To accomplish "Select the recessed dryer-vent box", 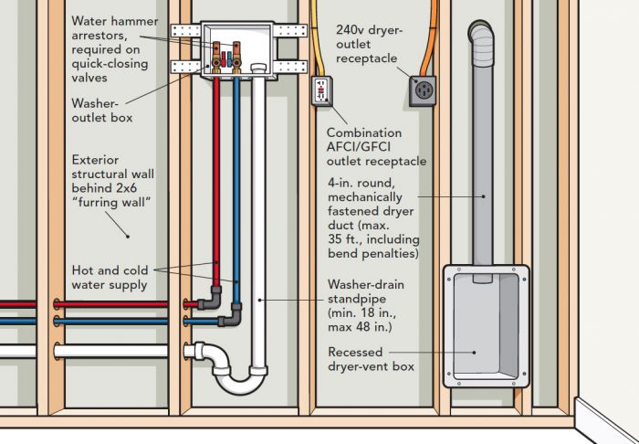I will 484,322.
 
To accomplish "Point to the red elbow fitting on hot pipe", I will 211,298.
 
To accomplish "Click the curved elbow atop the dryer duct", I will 482,37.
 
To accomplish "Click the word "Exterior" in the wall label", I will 95,159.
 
